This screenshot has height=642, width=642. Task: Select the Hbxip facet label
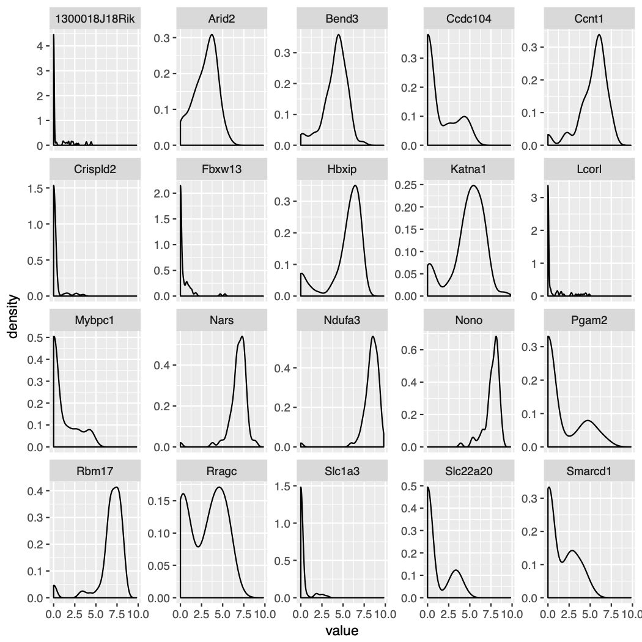[341, 169]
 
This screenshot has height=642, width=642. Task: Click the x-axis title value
[342, 630]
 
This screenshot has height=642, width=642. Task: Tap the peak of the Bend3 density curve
[339, 34]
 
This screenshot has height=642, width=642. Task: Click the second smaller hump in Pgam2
[588, 420]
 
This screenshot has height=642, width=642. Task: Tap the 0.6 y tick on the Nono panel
[407, 350]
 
